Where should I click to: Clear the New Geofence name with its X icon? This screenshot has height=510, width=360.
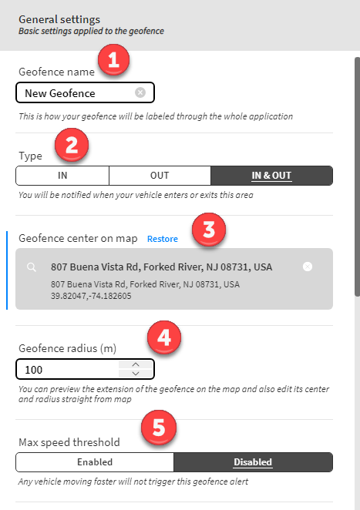tap(140, 92)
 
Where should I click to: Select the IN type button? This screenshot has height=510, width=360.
tap(62, 176)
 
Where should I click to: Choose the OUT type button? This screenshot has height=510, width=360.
tap(160, 176)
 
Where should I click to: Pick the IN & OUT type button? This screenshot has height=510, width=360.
tap(271, 176)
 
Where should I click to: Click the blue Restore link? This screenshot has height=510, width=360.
tap(163, 239)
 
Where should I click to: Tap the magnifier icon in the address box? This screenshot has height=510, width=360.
tap(32, 267)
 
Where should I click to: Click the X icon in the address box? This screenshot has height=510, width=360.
tap(308, 267)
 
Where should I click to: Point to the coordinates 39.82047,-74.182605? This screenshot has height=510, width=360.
tap(91, 296)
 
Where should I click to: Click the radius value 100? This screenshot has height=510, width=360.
tap(33, 370)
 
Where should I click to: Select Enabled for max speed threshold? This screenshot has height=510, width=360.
tap(95, 462)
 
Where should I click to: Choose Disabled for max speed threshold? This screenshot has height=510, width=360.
tap(253, 462)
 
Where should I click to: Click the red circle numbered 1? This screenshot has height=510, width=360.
tap(113, 60)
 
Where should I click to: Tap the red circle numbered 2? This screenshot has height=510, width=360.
tap(72, 145)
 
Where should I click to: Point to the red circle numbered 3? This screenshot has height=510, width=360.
tap(209, 230)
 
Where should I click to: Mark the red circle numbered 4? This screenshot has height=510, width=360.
tap(164, 337)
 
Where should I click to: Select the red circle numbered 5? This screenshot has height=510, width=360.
tap(159, 428)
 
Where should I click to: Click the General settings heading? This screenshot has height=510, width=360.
tap(59, 19)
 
